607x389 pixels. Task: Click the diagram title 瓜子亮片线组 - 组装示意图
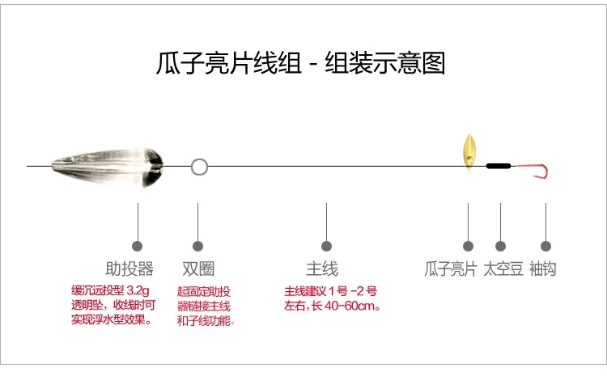coord(300,63)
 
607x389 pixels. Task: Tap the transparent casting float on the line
coord(107,167)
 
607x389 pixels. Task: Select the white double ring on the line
coord(199,167)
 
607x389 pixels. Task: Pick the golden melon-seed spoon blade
coord(469,152)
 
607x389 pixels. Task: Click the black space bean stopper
coord(499,166)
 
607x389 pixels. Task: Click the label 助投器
coord(129,268)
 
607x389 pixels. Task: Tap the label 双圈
coord(198,268)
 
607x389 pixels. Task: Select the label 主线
coord(321,268)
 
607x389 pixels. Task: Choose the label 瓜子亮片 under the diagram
coord(451,268)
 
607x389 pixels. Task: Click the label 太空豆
coord(503,268)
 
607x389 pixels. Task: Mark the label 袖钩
coord(543,268)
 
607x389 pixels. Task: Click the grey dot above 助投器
coord(137,246)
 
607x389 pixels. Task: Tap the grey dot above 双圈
coord(197,246)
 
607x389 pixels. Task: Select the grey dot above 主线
coord(326,246)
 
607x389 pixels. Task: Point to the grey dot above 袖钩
coord(545,246)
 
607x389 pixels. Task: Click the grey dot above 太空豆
coord(500,246)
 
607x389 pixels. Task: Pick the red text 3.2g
coord(138,290)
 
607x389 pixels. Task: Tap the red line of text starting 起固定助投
coord(204,291)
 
